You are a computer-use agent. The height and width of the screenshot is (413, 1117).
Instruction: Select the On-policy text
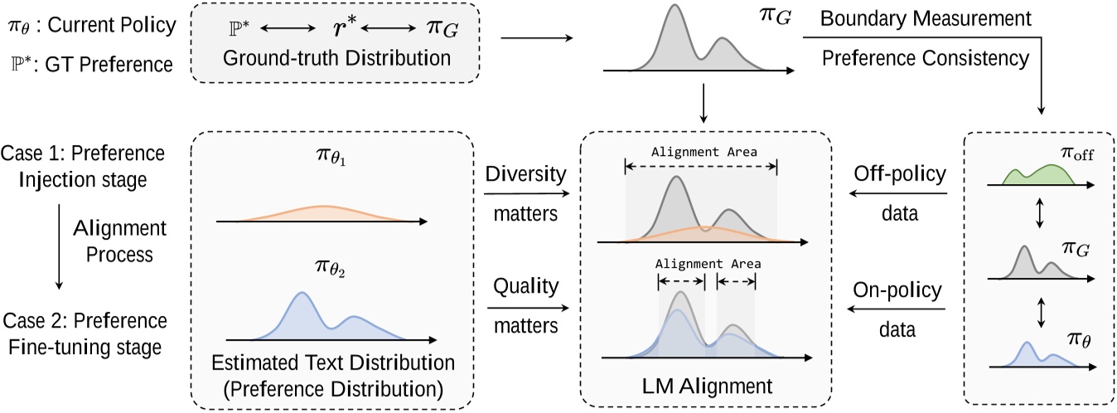click(x=897, y=290)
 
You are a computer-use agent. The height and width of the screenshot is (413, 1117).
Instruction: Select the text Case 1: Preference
click(x=84, y=155)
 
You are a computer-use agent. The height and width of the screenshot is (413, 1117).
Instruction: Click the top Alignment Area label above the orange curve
click(x=704, y=152)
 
